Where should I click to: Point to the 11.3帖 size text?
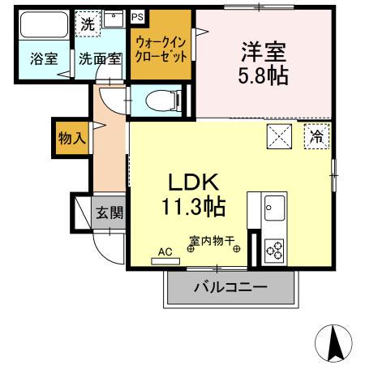click(x=191, y=207)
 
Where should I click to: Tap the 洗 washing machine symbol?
click(x=87, y=23)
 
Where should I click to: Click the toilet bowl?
click(x=161, y=102)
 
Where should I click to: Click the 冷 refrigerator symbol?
click(x=316, y=137)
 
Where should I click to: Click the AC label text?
click(x=165, y=251)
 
